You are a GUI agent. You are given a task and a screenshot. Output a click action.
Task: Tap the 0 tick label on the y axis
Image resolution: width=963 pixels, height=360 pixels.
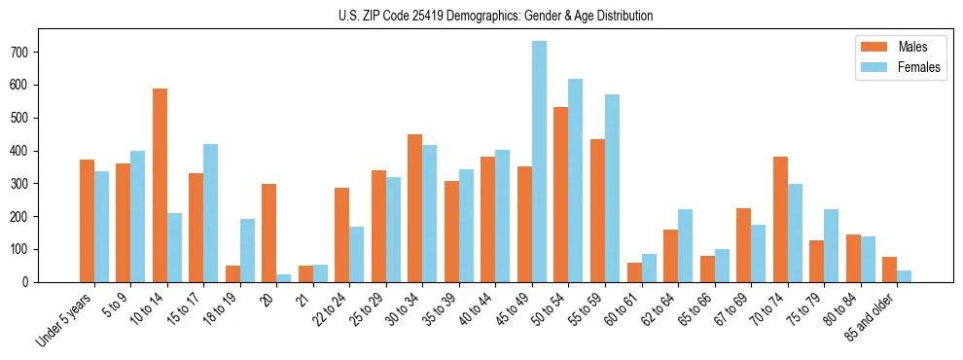click(31, 282)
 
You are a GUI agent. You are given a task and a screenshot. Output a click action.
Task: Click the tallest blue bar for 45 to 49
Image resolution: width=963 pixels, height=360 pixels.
click(539, 162)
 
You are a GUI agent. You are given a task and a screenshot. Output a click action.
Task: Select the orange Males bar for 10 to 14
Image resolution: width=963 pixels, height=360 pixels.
click(160, 185)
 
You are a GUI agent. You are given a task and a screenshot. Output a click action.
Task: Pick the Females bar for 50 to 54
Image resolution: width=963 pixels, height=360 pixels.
click(575, 180)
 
